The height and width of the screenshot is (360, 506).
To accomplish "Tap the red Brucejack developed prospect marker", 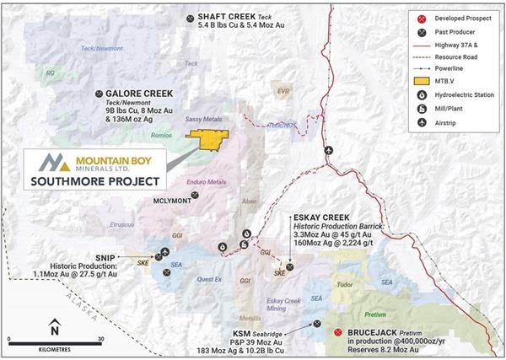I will [338, 333].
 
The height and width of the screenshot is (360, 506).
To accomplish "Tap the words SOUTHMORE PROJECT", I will [93, 180].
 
